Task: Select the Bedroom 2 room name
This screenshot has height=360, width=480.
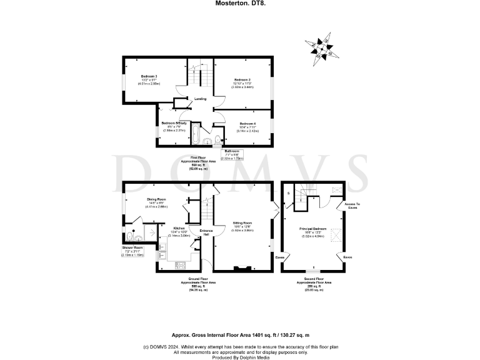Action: (242, 80)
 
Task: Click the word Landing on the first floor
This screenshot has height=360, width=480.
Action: (201, 99)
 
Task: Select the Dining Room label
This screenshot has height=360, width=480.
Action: (157, 199)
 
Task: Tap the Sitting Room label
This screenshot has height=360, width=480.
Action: (242, 223)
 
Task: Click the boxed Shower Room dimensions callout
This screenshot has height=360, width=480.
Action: (133, 251)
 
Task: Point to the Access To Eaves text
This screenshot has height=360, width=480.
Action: (349, 205)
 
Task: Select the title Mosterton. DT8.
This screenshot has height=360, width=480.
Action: (240, 3)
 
